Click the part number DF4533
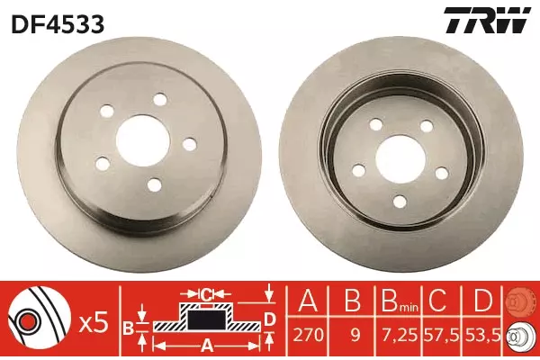point(58,23)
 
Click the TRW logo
point(486,20)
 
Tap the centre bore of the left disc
point(143,141)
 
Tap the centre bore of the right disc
point(401,161)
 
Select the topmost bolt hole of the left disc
point(160,100)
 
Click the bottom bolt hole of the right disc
point(400,202)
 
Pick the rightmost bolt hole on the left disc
point(189,144)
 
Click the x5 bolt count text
point(94,323)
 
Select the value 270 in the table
point(309,335)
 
